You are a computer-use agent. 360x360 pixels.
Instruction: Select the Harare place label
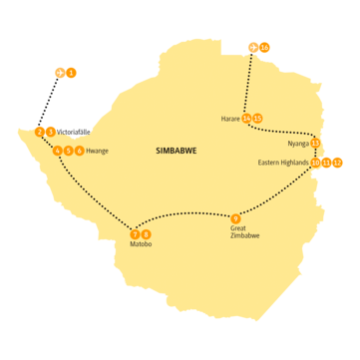[x=230, y=118]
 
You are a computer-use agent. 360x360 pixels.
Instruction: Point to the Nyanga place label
[x=297, y=143]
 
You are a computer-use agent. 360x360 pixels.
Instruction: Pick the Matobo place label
[x=140, y=243]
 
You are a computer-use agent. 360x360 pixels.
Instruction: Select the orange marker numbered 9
[x=235, y=218]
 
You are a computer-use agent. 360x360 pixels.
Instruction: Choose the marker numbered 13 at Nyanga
[x=315, y=143]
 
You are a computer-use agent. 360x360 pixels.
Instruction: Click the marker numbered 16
[x=265, y=47]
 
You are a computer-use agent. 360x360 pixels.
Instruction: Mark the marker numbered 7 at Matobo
[x=135, y=233]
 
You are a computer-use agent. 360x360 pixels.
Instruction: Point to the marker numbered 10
[x=315, y=162]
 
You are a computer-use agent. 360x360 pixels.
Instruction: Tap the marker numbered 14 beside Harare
[x=246, y=118]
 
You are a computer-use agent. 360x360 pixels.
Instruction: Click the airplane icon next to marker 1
[x=60, y=74]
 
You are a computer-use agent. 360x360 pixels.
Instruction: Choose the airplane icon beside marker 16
[x=253, y=47]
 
